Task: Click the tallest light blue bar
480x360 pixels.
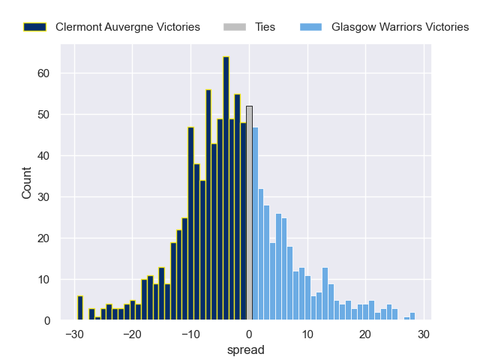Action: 256,224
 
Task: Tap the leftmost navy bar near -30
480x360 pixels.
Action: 80,308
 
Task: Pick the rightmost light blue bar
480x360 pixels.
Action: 412,316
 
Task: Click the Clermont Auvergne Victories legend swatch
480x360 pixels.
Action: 34,27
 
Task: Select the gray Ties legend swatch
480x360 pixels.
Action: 234,27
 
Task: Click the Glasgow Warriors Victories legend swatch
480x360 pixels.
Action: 310,27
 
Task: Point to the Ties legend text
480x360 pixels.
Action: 265,27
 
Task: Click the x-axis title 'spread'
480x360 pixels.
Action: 249,349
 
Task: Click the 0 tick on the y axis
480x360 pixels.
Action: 46,321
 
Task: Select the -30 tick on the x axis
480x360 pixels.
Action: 73,334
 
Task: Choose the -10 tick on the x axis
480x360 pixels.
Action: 190,334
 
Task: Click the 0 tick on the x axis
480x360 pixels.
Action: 249,334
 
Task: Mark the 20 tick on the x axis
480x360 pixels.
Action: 366,334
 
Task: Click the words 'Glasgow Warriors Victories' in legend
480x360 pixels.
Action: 400,27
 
